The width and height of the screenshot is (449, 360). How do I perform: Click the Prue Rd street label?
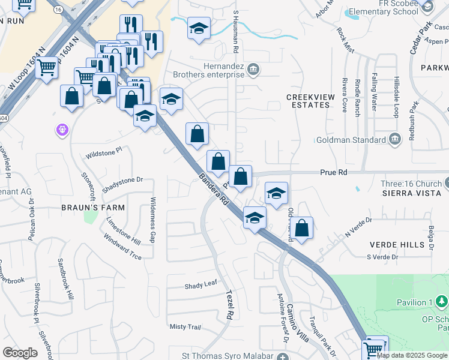pyautogui.click(x=335, y=172)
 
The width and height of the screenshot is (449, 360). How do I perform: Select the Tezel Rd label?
pyautogui.click(x=229, y=304)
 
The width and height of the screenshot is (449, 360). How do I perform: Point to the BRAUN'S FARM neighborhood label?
pyautogui.click(x=93, y=208)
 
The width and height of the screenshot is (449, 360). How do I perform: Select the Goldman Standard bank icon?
pyautogui.click(x=394, y=140)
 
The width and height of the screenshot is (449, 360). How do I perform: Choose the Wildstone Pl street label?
pyautogui.click(x=107, y=152)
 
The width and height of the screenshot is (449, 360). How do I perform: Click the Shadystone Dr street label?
pyautogui.click(x=122, y=179)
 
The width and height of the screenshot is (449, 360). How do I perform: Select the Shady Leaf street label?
pyautogui.click(x=199, y=286)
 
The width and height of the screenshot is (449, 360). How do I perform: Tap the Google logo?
pyautogui.click(x=20, y=352)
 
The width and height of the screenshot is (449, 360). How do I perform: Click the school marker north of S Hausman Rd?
pyautogui.click(x=198, y=27)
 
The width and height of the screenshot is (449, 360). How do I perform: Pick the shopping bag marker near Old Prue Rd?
pyautogui.click(x=303, y=227)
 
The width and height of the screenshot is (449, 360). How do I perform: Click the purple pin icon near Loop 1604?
pyautogui.click(x=62, y=128)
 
